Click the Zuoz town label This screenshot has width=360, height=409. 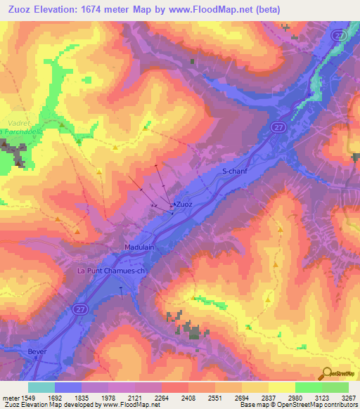pyautogui.click(x=184, y=204)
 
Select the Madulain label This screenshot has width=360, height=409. pyautogui.click(x=139, y=247)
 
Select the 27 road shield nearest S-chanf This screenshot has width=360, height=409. pyautogui.click(x=277, y=126)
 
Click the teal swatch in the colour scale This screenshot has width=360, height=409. pyautogui.click(x=41, y=387)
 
